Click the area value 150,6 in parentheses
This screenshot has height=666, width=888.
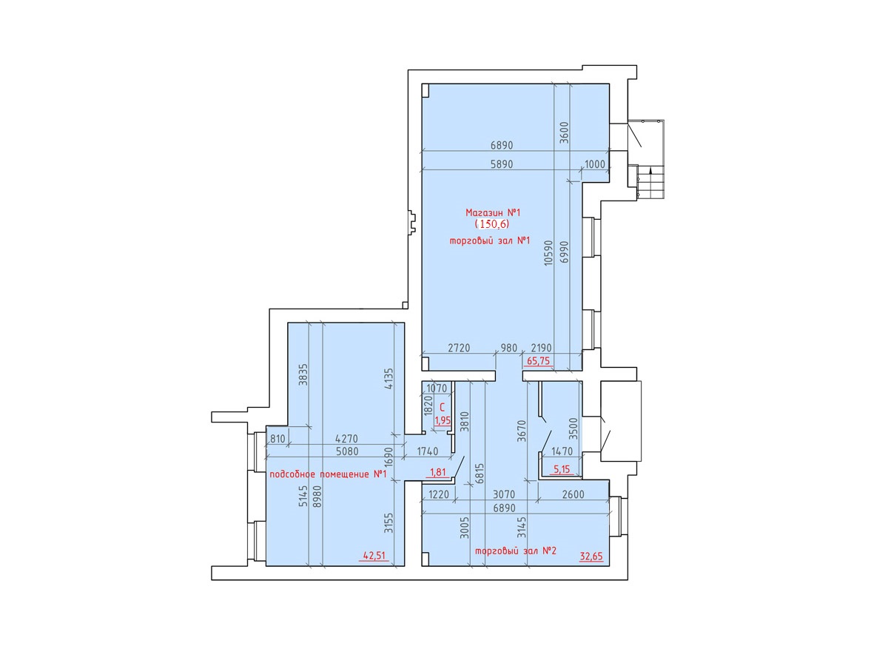492,223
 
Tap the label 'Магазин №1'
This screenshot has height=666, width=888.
493,212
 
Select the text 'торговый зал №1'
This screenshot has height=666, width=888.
490,240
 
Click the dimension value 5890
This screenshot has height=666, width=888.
501,164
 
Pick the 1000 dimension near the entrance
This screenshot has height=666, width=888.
595,164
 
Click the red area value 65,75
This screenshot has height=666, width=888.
539,360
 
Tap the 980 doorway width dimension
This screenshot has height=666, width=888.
509,348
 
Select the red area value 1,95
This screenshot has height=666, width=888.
443,420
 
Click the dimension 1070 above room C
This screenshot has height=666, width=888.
437,388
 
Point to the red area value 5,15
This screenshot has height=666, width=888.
562,469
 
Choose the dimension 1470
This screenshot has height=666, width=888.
562,451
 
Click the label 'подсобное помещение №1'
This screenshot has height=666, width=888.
329,474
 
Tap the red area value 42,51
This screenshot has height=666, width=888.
374,555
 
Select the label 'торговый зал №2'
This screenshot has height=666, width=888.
516,551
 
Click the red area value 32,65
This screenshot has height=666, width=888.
591,556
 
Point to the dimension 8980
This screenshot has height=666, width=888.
317,502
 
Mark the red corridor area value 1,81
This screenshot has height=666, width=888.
438,471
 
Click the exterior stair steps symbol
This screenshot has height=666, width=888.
650,181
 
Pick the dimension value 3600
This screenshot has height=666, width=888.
565,132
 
